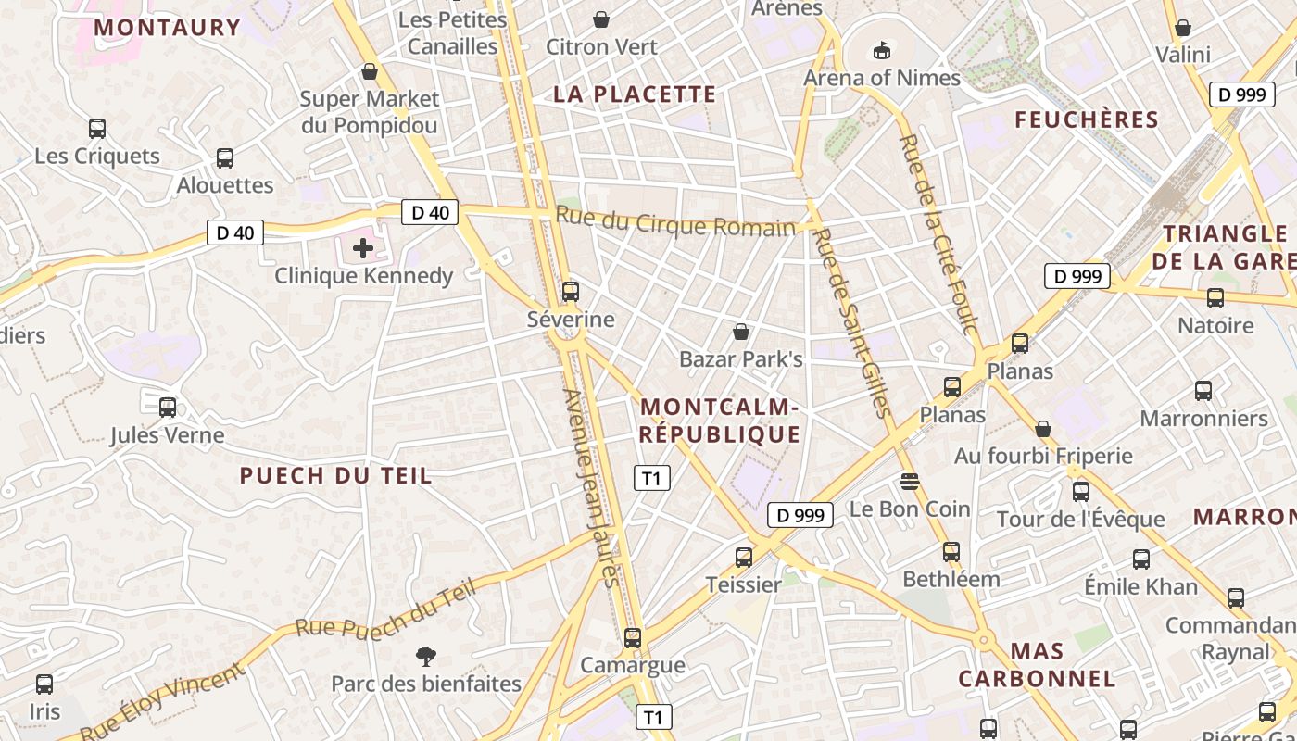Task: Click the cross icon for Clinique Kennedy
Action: click(363, 248)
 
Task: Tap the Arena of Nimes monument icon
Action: click(881, 50)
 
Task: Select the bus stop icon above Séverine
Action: click(571, 292)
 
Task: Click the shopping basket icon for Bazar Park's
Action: click(741, 332)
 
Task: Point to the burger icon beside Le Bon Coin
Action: click(909, 481)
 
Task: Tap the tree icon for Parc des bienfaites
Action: click(426, 657)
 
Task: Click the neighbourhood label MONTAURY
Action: click(167, 28)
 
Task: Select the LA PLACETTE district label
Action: click(635, 94)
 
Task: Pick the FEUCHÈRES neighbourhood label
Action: click(1087, 119)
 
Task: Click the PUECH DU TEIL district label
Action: click(335, 476)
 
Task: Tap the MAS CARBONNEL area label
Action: click(1037, 665)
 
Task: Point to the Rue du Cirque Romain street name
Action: click(675, 225)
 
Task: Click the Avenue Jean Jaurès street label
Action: click(590, 488)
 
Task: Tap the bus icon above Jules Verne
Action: click(168, 408)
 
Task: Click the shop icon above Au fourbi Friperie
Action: click(1043, 429)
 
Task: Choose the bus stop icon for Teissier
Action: click(744, 558)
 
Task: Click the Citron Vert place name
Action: click(602, 46)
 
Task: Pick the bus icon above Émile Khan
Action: click(1141, 559)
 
